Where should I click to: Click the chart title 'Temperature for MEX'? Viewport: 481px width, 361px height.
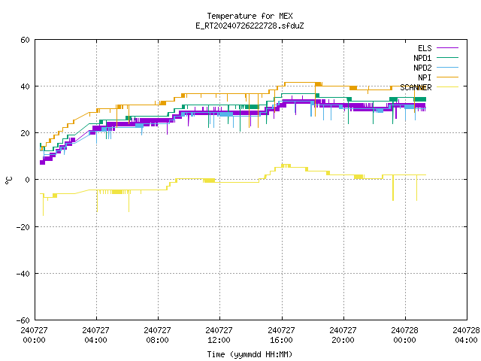coord(250,16)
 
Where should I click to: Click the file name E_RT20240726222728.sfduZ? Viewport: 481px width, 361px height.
coord(250,26)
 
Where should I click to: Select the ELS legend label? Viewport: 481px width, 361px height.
coord(425,48)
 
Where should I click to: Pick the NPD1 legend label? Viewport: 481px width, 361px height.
coord(422,58)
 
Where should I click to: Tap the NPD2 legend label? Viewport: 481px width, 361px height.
coord(422,68)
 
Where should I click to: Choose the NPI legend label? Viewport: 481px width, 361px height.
coord(425,77)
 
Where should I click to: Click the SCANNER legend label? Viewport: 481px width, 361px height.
coord(416,87)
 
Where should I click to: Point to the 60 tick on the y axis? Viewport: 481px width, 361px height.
coord(25,40)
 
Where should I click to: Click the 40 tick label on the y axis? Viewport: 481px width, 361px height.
coord(25,86)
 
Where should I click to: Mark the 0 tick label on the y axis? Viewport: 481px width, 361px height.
coord(28,180)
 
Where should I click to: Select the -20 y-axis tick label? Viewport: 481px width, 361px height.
coord(23,227)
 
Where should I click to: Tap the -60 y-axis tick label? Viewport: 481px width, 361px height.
coord(23,320)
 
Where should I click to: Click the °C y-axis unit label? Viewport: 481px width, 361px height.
coord(8,180)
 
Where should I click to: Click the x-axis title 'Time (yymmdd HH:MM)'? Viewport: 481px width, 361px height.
coord(250,354)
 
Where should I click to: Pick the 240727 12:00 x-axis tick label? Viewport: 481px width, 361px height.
coord(219,335)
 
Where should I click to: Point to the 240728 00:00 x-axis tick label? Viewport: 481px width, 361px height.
coord(404,335)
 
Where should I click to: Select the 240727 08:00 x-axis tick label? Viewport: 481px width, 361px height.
coord(157,335)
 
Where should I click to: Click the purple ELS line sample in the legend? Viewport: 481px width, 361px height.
coord(448,48)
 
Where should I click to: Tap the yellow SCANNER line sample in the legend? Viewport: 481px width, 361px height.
coord(448,87)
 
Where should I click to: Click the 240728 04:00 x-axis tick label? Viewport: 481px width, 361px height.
coord(466,335)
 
